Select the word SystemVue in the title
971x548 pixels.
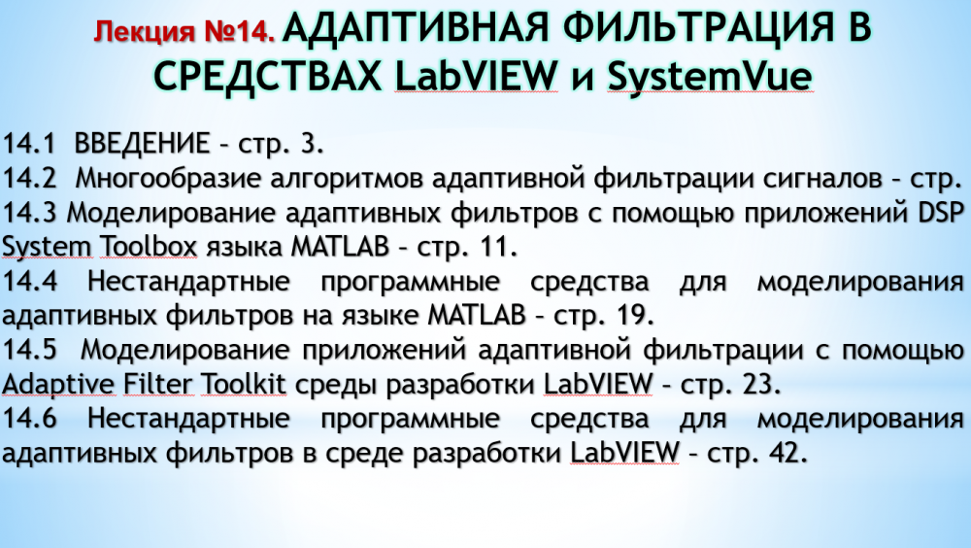click(x=709, y=76)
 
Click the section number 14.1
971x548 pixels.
click(x=28, y=143)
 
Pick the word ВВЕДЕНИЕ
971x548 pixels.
click(x=142, y=143)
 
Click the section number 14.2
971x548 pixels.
click(x=29, y=179)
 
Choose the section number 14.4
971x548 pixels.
click(x=29, y=282)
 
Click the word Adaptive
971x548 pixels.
click(x=58, y=385)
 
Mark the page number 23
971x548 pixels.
click(x=761, y=385)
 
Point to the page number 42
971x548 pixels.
click(x=788, y=453)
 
